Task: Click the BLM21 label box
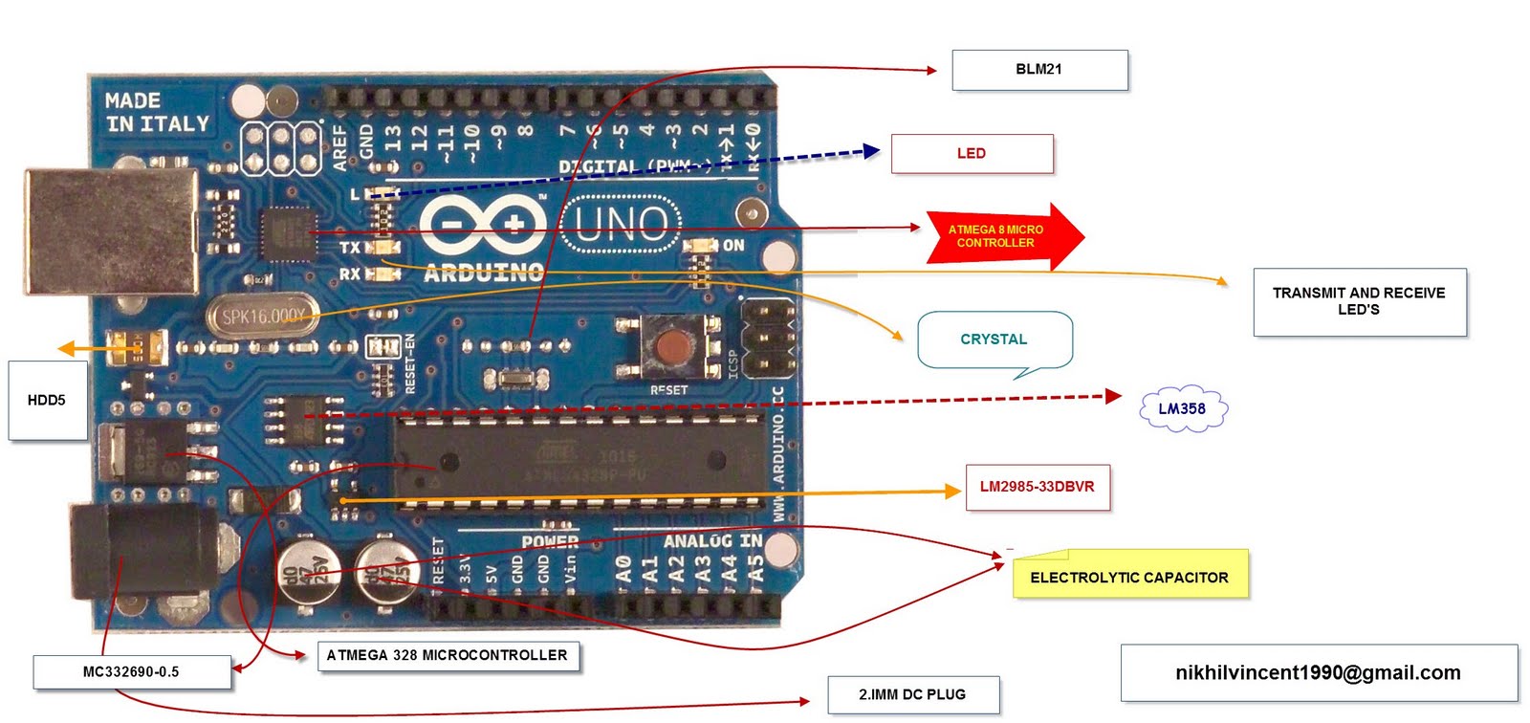pos(1039,70)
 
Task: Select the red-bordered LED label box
pos(972,154)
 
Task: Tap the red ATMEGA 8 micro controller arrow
pos(999,236)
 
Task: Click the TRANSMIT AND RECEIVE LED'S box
pos(1359,301)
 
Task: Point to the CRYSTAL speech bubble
pos(994,340)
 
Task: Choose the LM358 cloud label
pos(1183,409)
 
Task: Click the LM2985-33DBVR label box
pos(1038,487)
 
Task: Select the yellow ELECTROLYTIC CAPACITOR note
pos(1129,577)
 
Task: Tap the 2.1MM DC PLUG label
pos(912,694)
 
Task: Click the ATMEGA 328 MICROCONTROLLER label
pos(447,655)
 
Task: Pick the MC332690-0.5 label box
pos(131,671)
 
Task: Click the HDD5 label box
pos(47,401)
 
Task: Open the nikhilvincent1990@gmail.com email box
pos(1318,672)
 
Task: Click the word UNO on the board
pos(621,226)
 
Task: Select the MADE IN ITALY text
pos(156,113)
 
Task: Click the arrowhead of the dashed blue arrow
pos(870,150)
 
